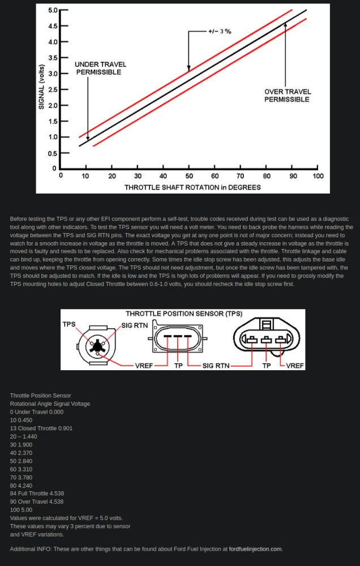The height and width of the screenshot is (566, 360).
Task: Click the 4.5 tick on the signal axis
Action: click(53, 26)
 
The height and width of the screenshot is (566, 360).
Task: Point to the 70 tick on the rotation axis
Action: click(241, 176)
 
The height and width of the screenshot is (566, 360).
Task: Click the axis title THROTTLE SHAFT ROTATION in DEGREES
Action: click(192, 187)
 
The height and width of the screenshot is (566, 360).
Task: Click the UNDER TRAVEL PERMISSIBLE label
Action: click(100, 68)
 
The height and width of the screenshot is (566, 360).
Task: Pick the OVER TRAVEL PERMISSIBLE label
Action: click(287, 96)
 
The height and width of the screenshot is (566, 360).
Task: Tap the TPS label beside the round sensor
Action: click(69, 324)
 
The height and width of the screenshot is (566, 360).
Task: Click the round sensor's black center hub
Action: click(98, 345)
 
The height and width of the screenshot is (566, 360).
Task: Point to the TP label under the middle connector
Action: click(178, 366)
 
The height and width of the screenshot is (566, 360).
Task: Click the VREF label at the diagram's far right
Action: click(295, 366)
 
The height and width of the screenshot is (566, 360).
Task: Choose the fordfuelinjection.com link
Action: click(255, 549)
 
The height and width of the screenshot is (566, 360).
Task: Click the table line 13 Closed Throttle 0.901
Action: click(41, 428)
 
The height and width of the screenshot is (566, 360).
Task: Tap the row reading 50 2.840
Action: click(23, 461)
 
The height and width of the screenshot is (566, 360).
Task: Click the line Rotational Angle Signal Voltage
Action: click(50, 404)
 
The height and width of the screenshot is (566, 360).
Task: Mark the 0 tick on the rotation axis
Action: click(61, 176)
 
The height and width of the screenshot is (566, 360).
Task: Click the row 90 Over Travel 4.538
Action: click(37, 501)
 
